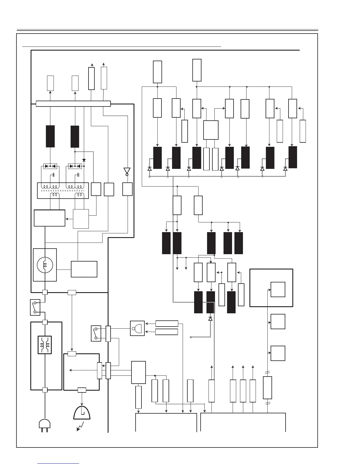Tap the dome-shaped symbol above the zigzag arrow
(x=82, y=412)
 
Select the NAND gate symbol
(x=137, y=328)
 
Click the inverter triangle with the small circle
(x=127, y=171)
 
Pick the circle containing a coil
(x=45, y=265)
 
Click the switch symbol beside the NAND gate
(x=96, y=333)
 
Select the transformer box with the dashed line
(x=63, y=191)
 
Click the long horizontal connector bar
(x=73, y=104)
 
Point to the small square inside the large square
(x=278, y=289)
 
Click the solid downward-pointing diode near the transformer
(x=84, y=160)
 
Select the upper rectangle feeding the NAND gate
(x=166, y=324)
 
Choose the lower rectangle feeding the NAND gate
(x=166, y=332)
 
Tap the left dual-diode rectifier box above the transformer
(x=50, y=166)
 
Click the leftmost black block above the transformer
(x=50, y=136)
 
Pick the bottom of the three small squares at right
(x=278, y=353)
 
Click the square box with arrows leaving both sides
(x=211, y=130)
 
